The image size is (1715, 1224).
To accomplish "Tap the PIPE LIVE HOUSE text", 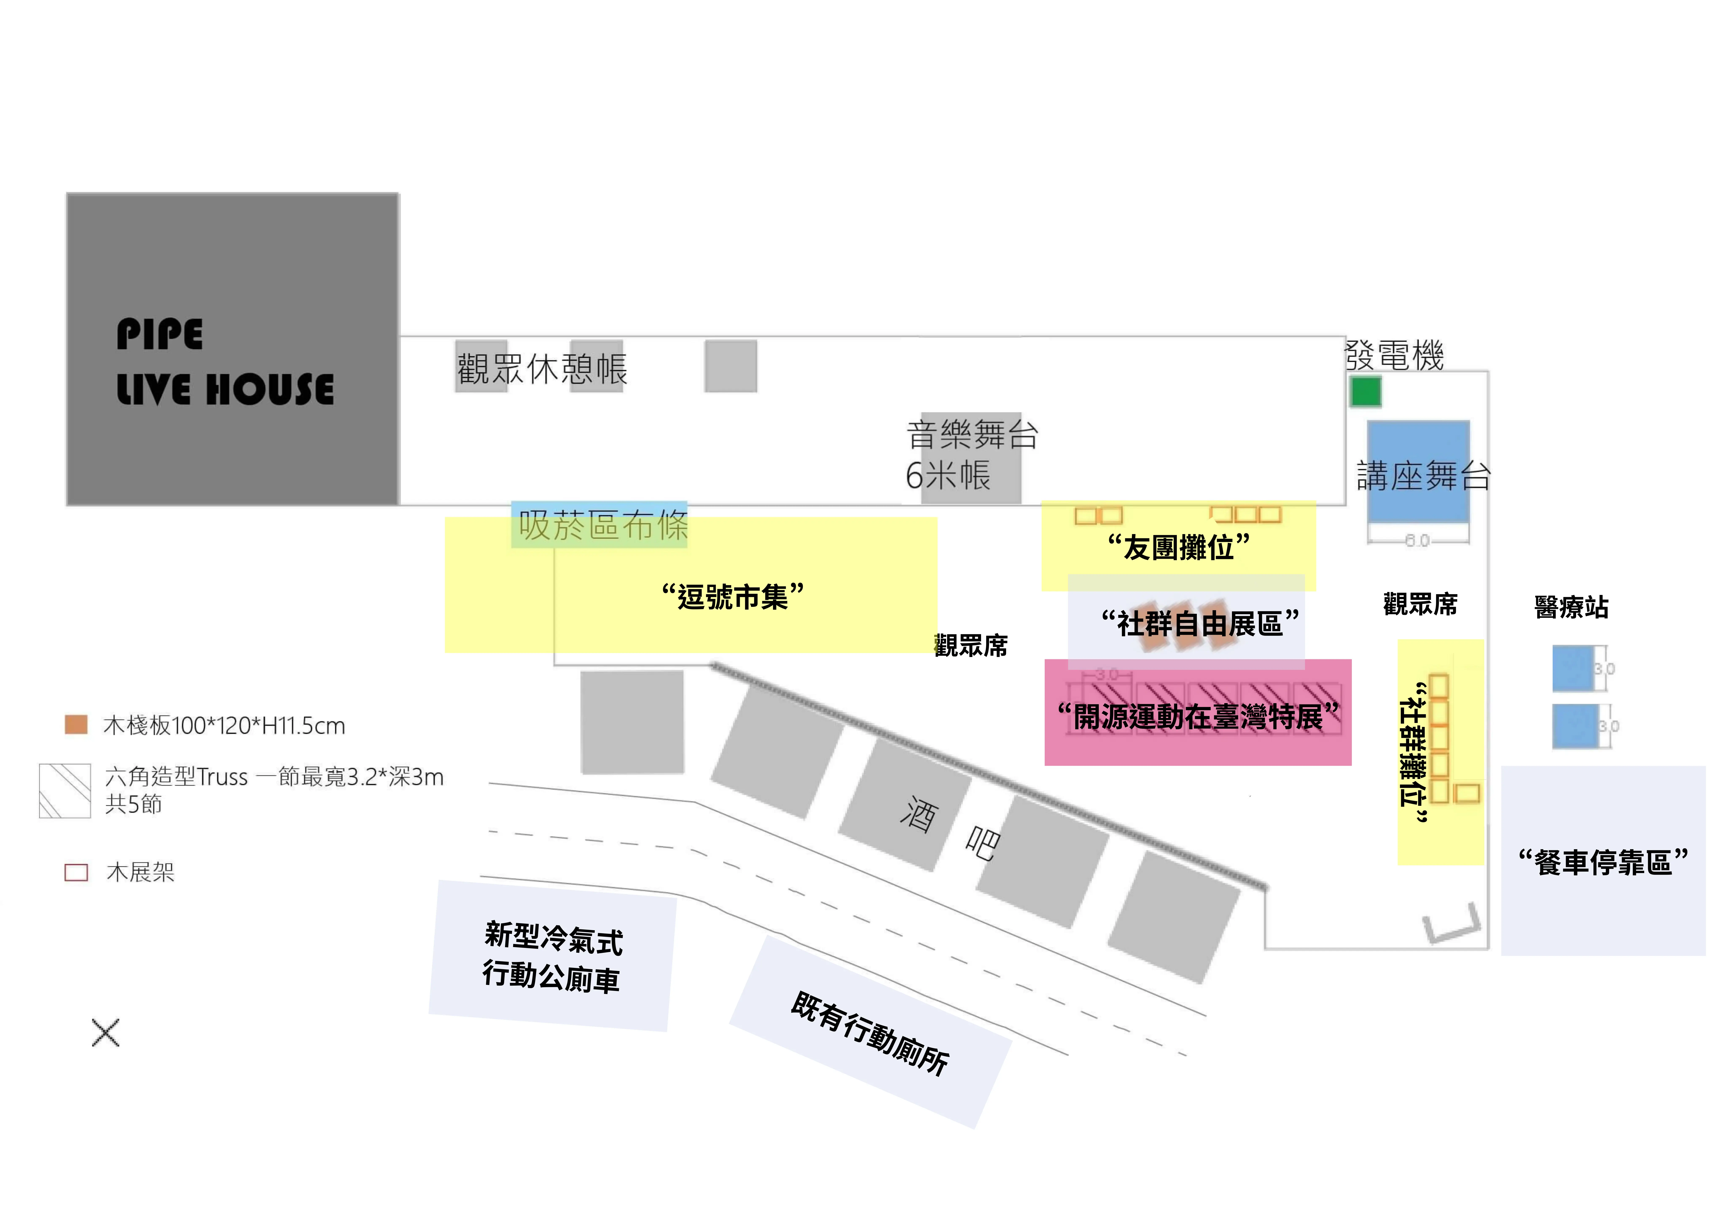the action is (x=224, y=362).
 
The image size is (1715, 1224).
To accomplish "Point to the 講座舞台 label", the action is (x=1423, y=476).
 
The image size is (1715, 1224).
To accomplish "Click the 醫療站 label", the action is (x=1571, y=607).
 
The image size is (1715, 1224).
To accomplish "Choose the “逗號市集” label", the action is (x=733, y=596).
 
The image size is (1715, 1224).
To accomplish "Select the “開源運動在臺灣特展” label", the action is (x=1198, y=715).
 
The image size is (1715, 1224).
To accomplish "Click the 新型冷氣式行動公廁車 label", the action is (x=552, y=957).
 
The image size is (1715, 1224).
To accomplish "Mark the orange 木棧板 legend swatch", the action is (x=76, y=724).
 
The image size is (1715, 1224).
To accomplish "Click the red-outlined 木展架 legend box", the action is (x=76, y=872).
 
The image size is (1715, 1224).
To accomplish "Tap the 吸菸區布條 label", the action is (x=603, y=525).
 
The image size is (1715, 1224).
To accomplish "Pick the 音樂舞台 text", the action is (x=972, y=435).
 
